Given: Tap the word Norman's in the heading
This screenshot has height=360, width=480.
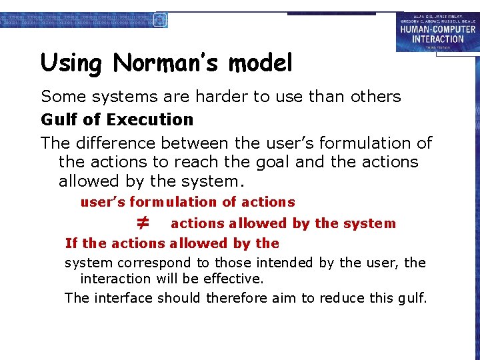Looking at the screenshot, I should (x=167, y=63).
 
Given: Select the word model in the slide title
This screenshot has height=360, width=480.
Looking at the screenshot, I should (x=260, y=63).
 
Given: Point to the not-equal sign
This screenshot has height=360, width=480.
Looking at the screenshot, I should (x=142, y=222).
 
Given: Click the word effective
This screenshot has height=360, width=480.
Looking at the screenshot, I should (x=228, y=279).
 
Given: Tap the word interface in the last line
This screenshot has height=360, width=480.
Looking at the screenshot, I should (x=125, y=298).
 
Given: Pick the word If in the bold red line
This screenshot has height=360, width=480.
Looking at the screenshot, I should (x=71, y=243).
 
